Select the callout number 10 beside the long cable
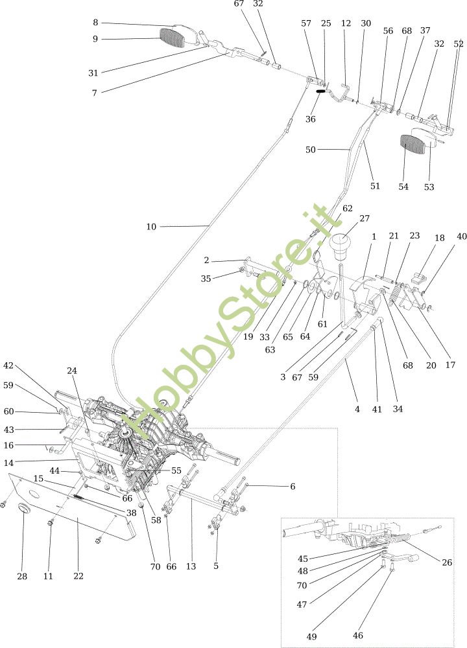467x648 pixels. [151, 227]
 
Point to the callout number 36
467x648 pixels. [311, 119]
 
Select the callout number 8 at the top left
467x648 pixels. [95, 22]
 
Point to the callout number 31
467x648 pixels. [93, 73]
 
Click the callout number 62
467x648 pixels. [348, 208]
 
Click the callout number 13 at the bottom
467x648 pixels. [191, 566]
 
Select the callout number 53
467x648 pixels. [429, 187]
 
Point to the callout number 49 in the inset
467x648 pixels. [313, 636]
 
